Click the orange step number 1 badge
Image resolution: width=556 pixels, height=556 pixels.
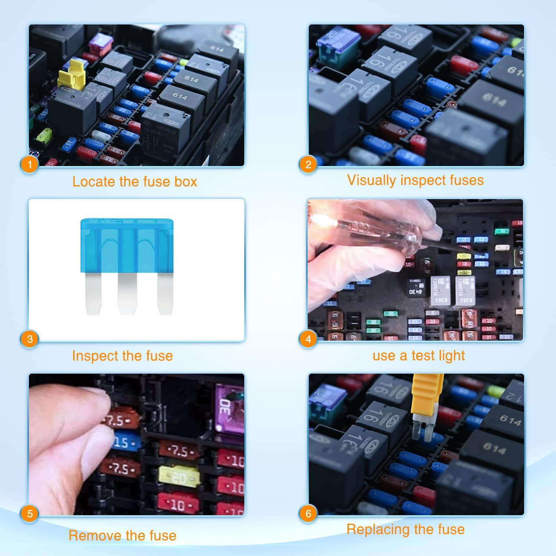click(30, 164)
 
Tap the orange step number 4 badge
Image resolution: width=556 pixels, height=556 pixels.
click(308, 339)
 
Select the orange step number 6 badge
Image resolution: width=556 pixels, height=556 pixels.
click(308, 514)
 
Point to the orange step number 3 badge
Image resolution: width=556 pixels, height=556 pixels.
click(30, 339)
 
